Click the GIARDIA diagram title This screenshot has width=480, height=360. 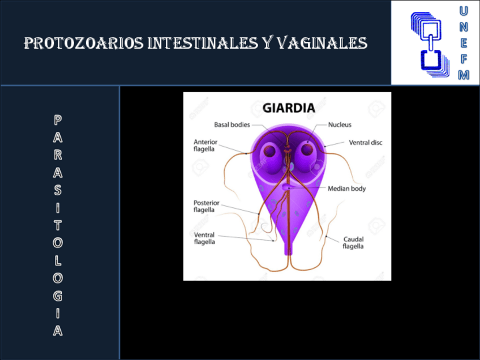288,107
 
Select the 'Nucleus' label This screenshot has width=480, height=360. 340,125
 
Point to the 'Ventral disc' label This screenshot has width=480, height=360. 365,143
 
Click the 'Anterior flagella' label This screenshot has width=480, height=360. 205,145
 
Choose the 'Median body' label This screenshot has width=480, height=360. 346,188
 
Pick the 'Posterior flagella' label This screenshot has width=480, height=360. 206,206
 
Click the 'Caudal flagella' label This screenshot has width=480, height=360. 353,243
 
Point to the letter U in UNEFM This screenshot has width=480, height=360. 464,11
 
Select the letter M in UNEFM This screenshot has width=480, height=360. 464,74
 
